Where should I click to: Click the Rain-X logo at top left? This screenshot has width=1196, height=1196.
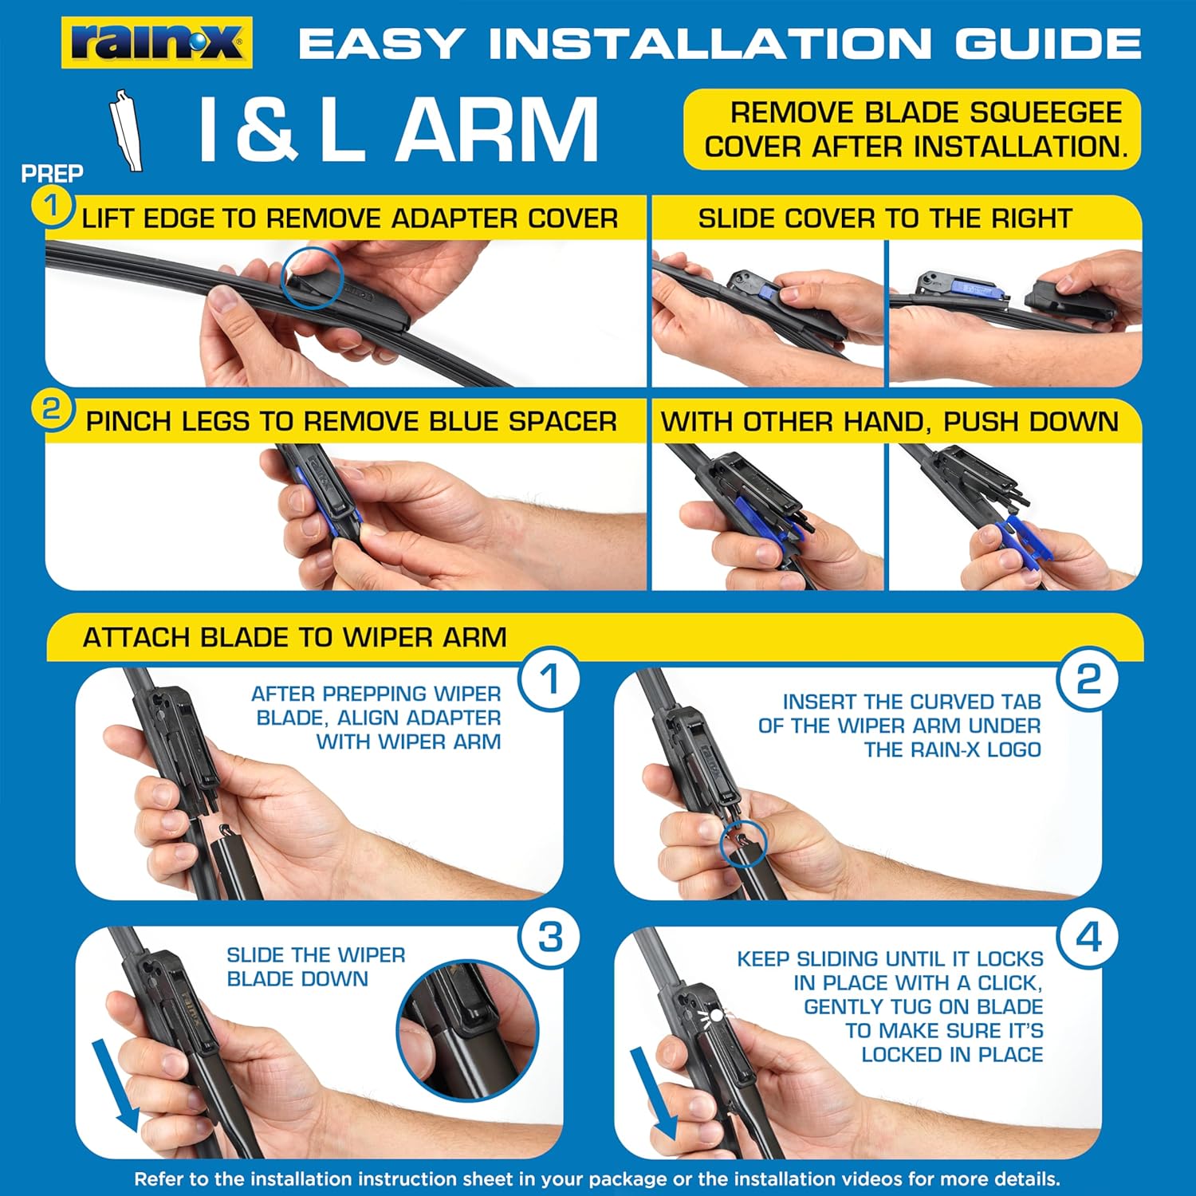157,43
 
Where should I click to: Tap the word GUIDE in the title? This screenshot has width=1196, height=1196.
1048,44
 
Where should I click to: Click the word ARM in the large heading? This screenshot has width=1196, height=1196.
497,130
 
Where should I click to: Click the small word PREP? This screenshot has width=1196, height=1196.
52,173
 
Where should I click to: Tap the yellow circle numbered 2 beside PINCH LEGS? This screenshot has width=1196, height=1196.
51,410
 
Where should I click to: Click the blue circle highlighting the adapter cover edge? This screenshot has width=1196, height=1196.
312,277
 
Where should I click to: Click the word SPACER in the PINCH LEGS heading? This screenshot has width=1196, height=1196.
563,421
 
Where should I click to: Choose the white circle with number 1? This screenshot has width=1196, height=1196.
549,680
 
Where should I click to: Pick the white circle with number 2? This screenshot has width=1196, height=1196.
1088,680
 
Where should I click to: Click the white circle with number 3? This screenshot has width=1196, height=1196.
549,938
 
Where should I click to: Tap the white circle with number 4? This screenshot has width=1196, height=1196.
1088,938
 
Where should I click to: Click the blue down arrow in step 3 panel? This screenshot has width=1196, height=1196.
115,1084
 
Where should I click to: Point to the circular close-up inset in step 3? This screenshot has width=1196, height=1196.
468,1029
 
